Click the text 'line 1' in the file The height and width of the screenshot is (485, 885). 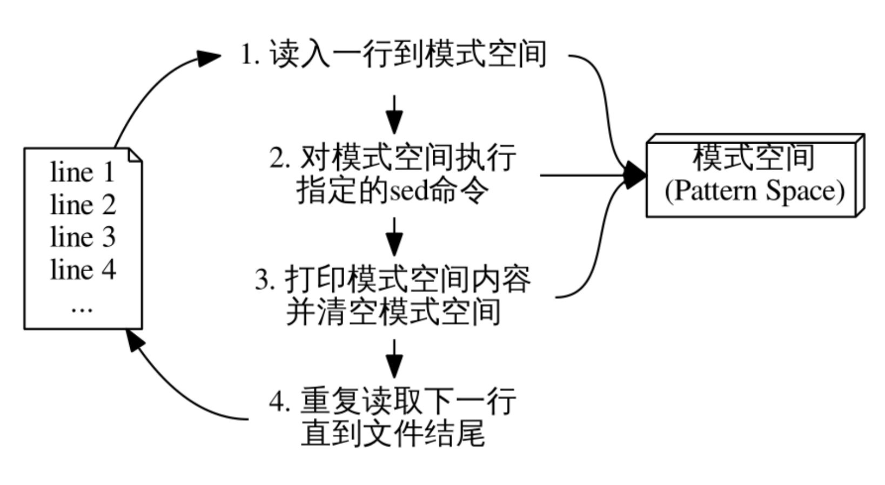83,173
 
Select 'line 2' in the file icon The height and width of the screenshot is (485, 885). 83,205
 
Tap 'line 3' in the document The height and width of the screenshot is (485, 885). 83,238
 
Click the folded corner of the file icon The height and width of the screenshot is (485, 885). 135,156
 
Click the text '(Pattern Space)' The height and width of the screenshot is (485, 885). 754,191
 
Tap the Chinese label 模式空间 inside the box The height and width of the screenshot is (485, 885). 754,158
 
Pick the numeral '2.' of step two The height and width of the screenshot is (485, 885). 280,158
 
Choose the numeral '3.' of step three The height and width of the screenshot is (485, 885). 265,280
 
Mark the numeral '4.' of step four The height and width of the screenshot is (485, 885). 280,402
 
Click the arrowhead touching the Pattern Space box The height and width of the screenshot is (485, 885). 635,175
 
